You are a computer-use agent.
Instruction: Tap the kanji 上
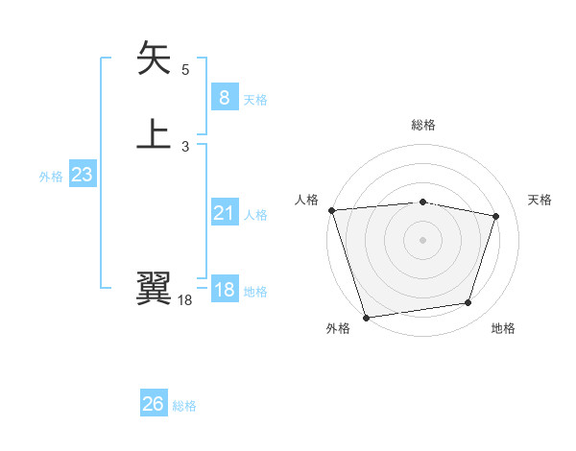155,133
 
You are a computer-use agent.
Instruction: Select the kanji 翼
155,288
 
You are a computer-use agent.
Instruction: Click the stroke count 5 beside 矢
185,70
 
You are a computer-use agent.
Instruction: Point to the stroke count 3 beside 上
185,147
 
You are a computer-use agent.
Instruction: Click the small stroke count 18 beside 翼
185,301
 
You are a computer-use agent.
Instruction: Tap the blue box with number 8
224,98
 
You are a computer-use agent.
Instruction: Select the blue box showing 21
224,213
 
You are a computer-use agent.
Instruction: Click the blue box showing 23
83,176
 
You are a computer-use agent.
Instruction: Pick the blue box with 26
154,405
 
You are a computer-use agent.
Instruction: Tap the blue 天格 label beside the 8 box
255,100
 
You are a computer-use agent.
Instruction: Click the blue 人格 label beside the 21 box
255,215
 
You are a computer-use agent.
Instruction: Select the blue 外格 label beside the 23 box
51,177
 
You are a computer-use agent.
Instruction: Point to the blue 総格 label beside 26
184,406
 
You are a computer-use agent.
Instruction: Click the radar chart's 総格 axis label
423,125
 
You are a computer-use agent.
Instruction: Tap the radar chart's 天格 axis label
540,200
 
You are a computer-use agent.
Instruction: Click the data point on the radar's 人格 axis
331,210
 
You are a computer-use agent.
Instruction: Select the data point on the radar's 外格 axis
366,316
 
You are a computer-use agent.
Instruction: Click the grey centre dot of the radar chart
423,239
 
